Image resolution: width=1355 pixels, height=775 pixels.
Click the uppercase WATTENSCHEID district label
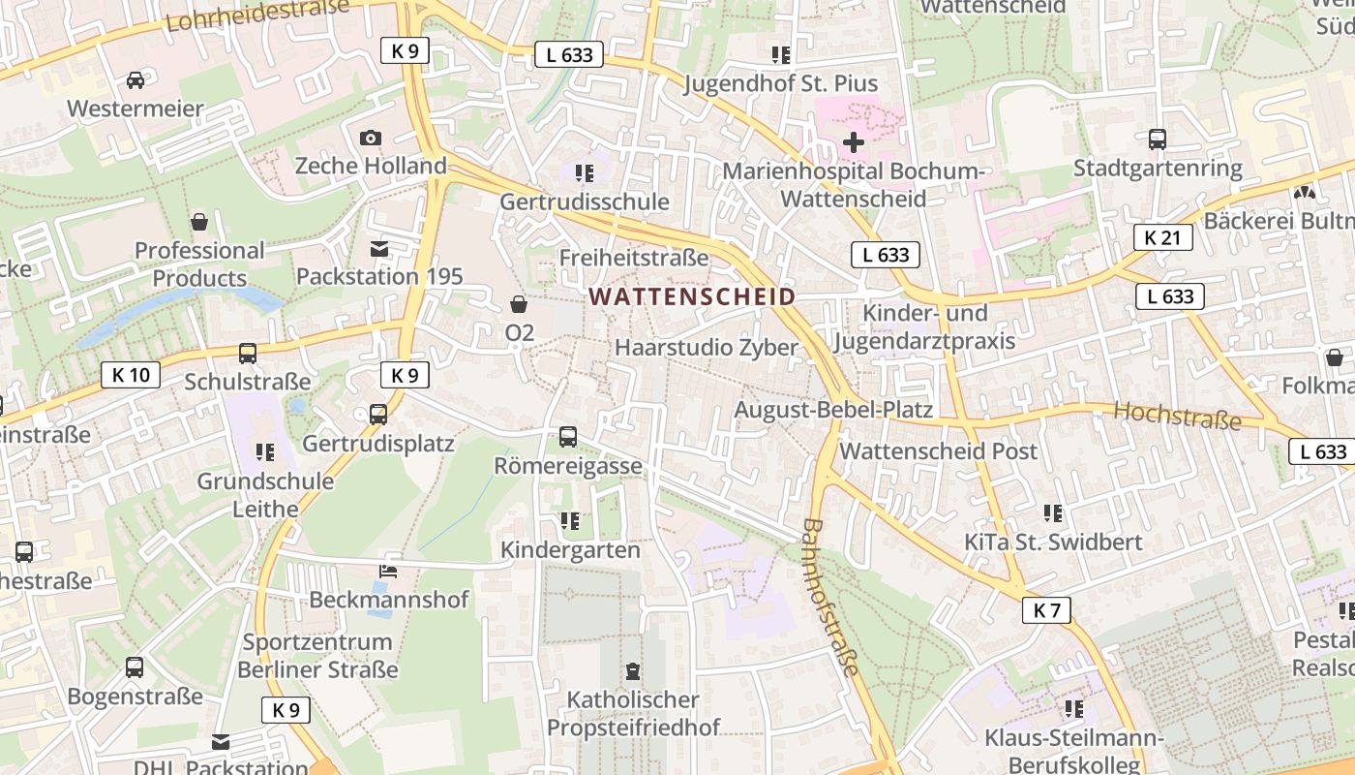(x=692, y=296)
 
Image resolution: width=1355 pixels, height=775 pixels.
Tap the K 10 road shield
(x=131, y=374)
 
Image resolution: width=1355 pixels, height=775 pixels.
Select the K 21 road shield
(x=1162, y=236)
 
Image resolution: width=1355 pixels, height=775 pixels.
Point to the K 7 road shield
(x=1046, y=609)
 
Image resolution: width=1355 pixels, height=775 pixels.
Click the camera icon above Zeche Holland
(x=371, y=139)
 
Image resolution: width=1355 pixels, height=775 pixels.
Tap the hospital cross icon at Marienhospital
(x=853, y=142)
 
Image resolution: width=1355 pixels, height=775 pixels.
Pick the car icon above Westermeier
(x=135, y=80)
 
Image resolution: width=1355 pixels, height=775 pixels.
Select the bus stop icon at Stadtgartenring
(x=1158, y=139)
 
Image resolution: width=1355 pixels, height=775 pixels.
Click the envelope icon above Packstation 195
(x=379, y=249)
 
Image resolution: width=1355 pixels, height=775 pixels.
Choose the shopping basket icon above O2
(x=519, y=304)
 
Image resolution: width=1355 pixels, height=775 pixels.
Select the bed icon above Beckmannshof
(x=388, y=571)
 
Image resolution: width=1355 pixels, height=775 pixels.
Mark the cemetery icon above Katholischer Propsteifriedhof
(x=633, y=670)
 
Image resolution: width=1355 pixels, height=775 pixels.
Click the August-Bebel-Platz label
(x=832, y=409)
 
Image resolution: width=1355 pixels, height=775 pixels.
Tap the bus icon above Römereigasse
(x=568, y=437)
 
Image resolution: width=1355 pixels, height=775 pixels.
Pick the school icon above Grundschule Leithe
(x=265, y=451)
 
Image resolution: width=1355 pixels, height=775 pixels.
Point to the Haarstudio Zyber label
(x=707, y=347)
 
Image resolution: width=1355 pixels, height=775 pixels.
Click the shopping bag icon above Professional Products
(x=199, y=222)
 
